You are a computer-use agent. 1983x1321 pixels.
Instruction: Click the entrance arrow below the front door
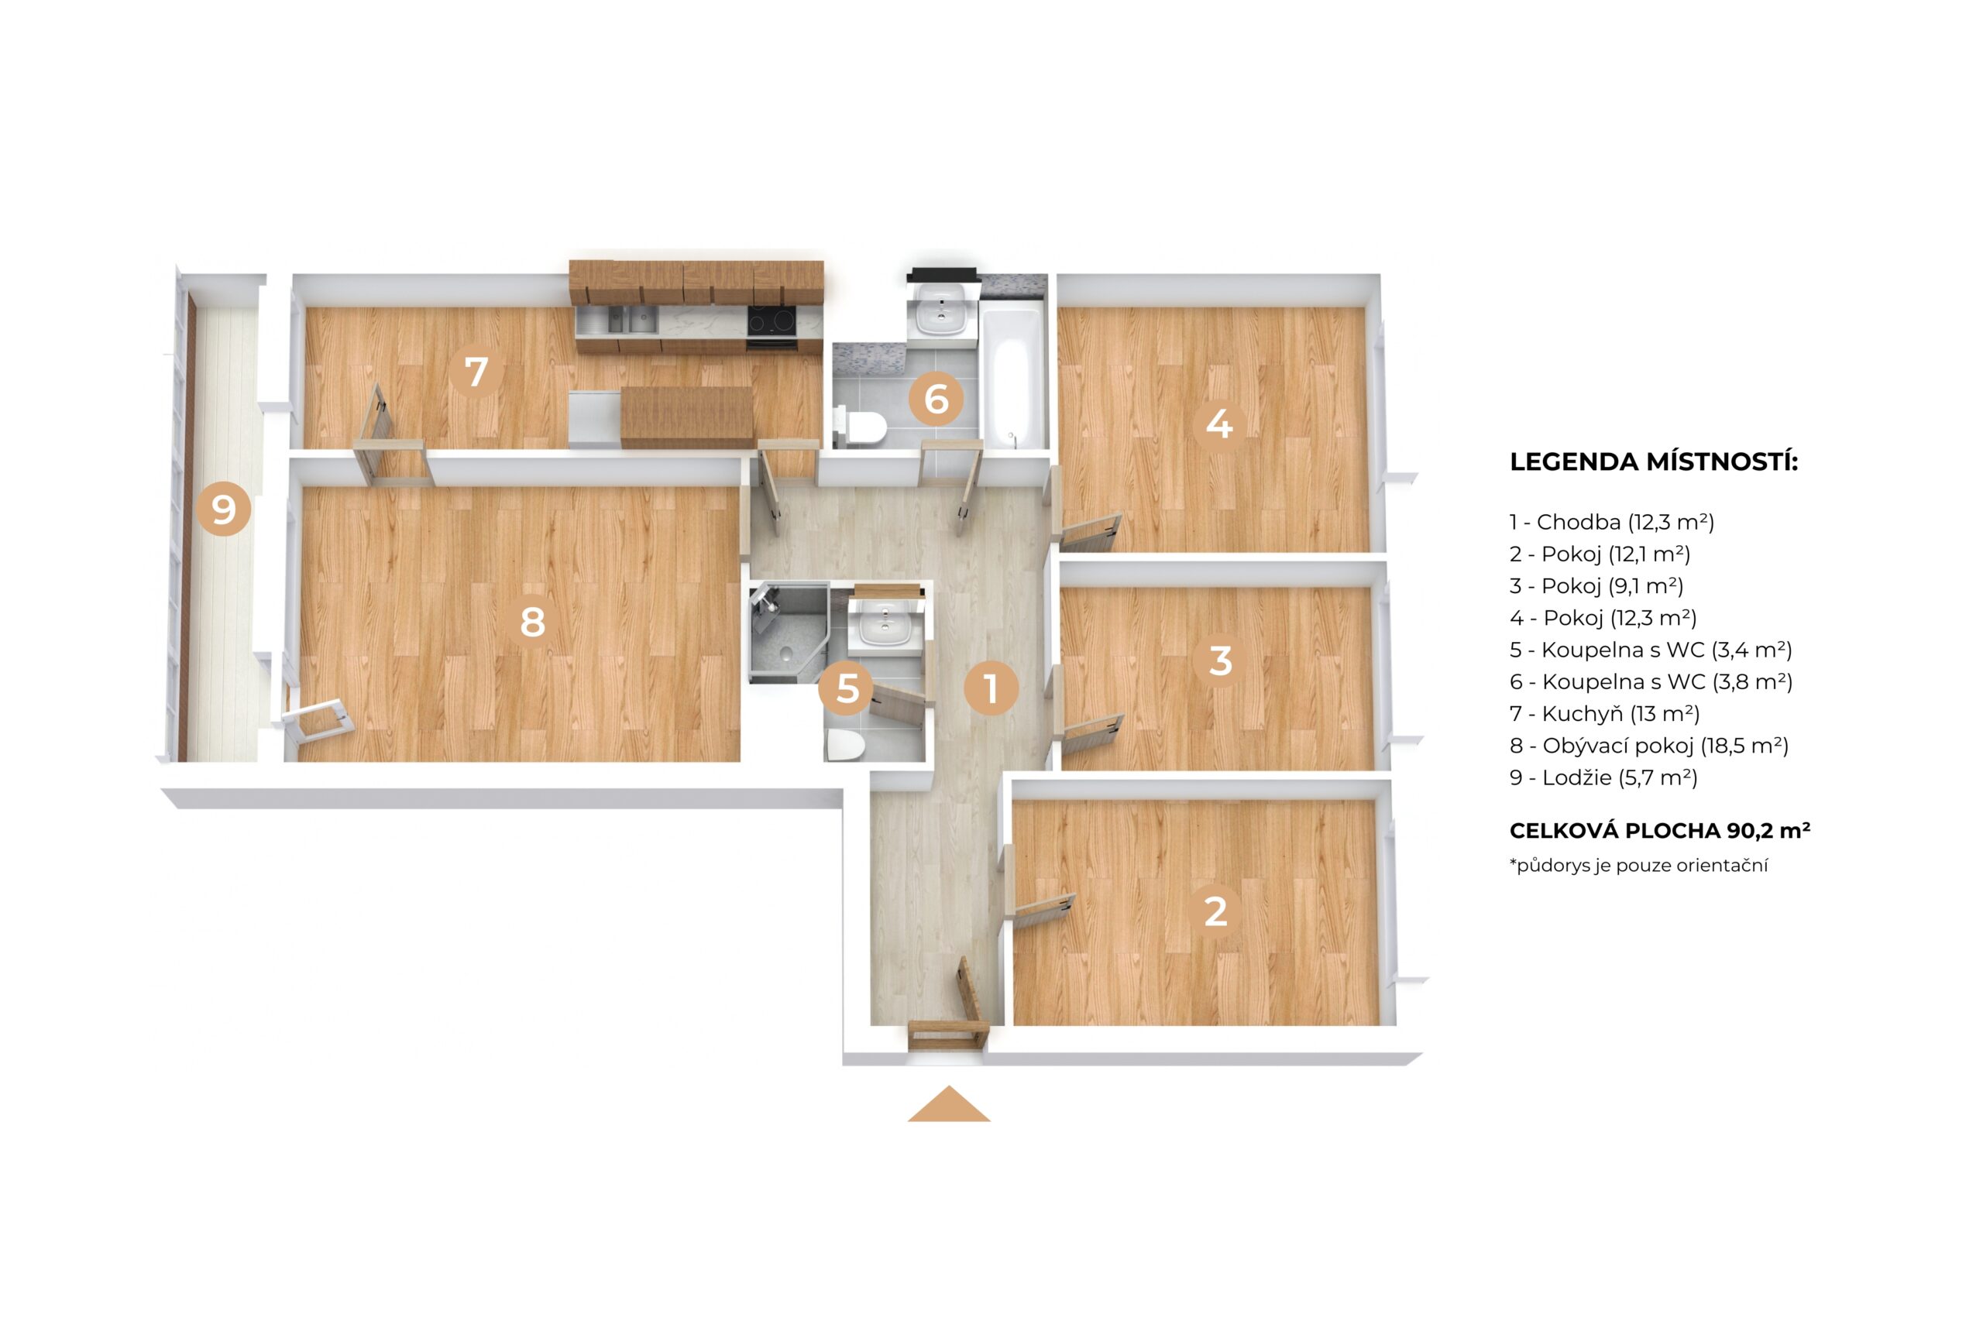point(948,1104)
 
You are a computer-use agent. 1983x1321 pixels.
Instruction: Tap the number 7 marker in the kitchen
point(476,372)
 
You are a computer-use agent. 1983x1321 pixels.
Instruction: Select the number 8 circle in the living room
point(532,622)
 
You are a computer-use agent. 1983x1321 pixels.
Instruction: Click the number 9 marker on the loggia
point(223,510)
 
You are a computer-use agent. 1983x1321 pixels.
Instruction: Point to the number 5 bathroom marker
point(847,688)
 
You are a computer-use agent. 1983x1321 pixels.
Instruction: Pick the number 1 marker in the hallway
point(991,688)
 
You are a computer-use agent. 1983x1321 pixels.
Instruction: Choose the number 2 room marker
point(1215,911)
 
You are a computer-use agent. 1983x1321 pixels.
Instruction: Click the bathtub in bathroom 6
point(1012,376)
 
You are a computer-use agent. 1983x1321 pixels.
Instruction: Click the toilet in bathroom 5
point(844,746)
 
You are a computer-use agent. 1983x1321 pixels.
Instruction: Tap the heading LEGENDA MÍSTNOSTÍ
point(1653,461)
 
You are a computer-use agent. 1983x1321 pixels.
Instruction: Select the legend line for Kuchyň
point(1603,714)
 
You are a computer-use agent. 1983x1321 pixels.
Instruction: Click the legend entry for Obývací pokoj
point(1648,746)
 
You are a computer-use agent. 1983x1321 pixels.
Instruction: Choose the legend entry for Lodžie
point(1603,777)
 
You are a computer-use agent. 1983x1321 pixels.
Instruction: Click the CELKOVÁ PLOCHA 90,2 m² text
point(1659,831)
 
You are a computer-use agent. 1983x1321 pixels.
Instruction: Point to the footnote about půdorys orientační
point(1638,865)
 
